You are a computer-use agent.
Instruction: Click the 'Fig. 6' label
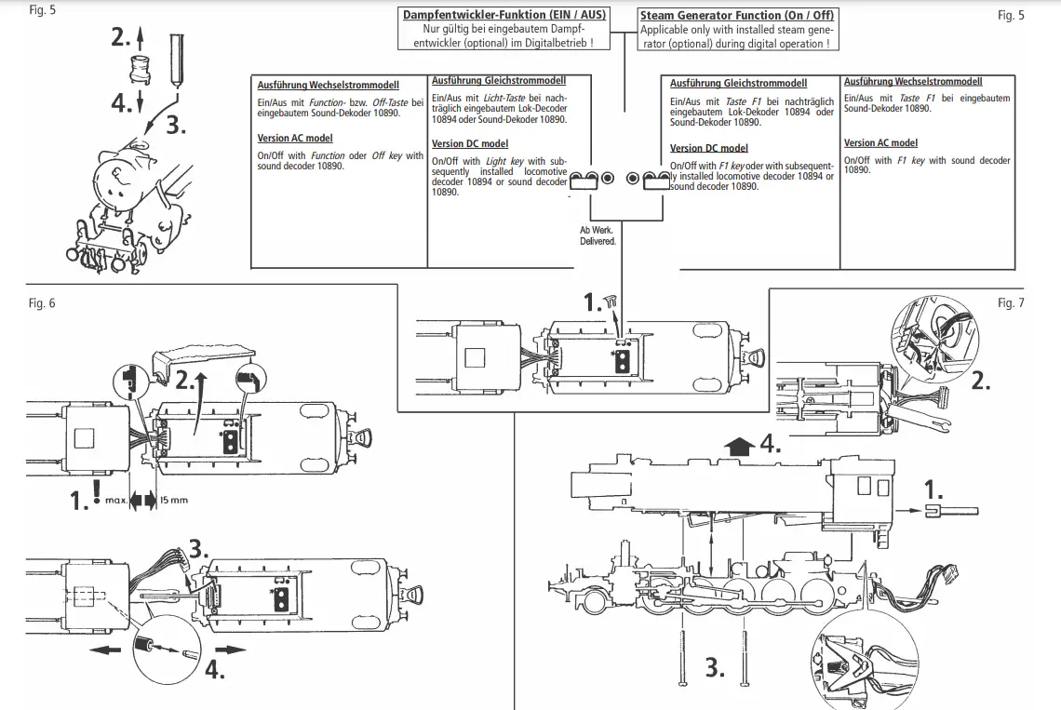[43, 303]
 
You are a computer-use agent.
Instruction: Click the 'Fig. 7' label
[1011, 303]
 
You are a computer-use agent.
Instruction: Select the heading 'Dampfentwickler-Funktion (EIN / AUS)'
[504, 15]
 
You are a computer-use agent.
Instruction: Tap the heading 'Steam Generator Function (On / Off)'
[737, 15]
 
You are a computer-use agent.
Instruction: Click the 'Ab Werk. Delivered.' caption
[598, 235]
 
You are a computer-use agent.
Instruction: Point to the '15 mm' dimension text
[174, 501]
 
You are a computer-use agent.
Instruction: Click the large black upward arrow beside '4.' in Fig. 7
[739, 447]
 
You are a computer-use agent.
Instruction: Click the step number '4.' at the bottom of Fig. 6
[215, 669]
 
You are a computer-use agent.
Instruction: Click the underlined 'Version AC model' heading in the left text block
[295, 138]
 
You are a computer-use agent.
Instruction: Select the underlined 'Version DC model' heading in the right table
[708, 148]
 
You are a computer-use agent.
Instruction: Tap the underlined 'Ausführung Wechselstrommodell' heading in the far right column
[913, 82]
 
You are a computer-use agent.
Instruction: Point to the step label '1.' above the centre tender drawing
[593, 301]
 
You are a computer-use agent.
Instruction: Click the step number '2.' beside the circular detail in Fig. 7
[981, 380]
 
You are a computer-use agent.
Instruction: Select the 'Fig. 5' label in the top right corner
[1011, 15]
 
